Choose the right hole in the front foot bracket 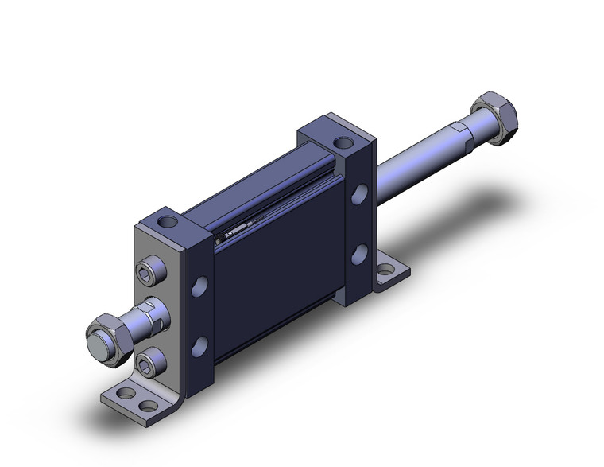(148, 405)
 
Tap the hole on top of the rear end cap (343, 143)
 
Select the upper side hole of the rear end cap (360, 193)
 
